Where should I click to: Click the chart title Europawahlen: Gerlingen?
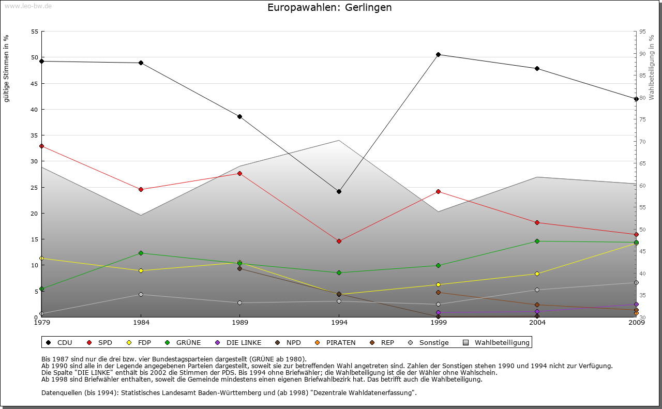tap(329, 8)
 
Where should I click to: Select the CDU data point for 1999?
tap(438, 54)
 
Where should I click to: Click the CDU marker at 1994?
tap(339, 191)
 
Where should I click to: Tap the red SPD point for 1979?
tap(41, 146)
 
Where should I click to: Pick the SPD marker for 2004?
tap(537, 222)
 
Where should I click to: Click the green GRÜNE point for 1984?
tap(141, 253)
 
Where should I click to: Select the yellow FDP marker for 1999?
tap(438, 284)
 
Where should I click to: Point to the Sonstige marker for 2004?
tap(537, 290)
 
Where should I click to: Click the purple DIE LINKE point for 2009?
tap(636, 304)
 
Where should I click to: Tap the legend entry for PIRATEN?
tap(336, 342)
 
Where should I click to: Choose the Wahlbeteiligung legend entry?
tap(496, 342)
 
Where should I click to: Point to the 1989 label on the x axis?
tap(240, 323)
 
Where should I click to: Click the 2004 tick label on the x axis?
tap(537, 323)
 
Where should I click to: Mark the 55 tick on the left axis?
tap(35, 32)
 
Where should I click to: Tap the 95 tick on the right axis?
tap(642, 32)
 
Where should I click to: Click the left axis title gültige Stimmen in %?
tap(6, 68)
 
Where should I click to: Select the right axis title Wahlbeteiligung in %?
tap(652, 67)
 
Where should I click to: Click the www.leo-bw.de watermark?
tap(27, 6)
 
